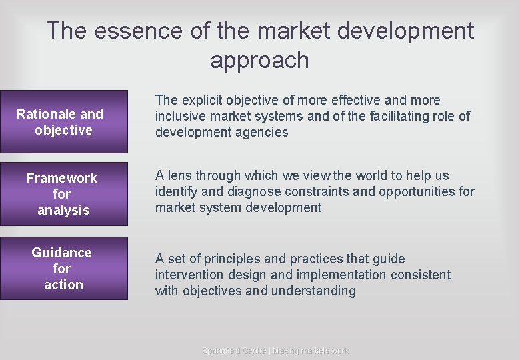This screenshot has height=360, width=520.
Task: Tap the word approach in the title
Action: pyautogui.click(x=259, y=60)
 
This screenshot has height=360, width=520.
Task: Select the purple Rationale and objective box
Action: pyautogui.click(x=64, y=122)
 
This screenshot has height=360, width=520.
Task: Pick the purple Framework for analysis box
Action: pyautogui.click(x=64, y=194)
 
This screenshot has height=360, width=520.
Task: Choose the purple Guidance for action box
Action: pyautogui.click(x=64, y=269)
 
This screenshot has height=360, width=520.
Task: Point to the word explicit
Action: pyautogui.click(x=202, y=100)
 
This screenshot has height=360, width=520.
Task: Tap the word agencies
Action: pyautogui.click(x=262, y=132)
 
